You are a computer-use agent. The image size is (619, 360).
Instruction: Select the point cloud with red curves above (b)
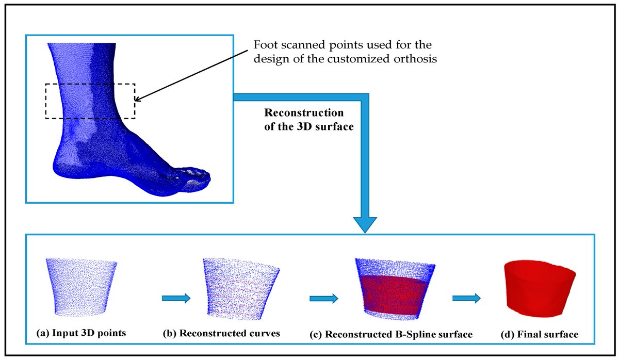coord(240,289)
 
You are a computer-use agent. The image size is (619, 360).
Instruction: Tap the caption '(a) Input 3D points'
coord(82,333)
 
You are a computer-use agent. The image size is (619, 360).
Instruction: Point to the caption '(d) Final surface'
coord(539,334)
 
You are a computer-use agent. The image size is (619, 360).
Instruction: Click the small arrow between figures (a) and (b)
coord(176,298)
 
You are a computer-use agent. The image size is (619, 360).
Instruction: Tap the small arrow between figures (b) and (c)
coord(323,298)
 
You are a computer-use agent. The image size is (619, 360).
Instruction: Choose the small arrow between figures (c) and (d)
coord(466,298)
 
